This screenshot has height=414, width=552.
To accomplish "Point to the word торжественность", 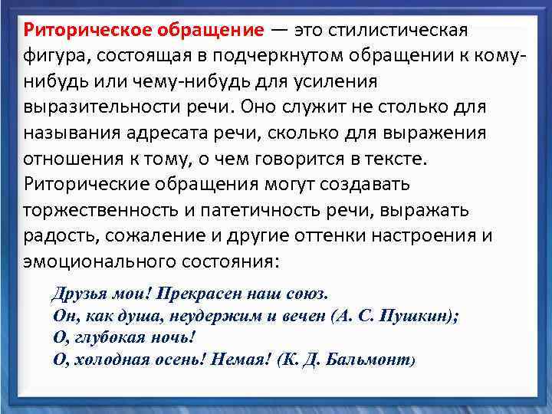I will click(x=101, y=211).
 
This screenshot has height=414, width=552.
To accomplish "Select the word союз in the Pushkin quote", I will click(x=306, y=294).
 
